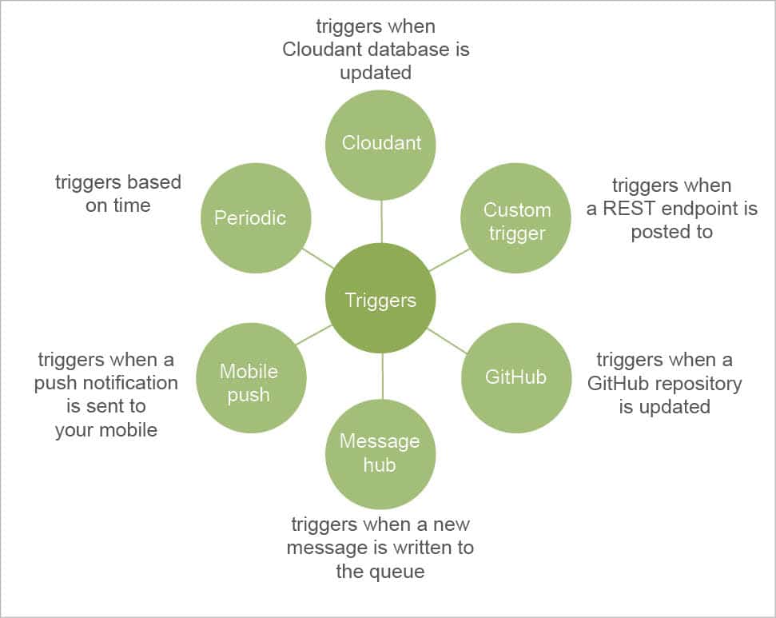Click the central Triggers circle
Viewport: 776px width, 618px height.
coord(380,299)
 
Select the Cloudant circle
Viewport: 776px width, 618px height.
coord(380,144)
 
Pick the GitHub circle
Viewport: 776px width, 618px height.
coord(516,377)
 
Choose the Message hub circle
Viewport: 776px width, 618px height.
coord(380,453)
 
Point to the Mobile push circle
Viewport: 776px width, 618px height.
coord(250,383)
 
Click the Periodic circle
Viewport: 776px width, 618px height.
coord(250,217)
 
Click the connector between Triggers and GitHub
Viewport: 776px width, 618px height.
coord(448,341)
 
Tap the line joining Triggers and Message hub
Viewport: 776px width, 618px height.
coord(382,376)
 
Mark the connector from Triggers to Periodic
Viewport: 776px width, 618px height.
coord(316,257)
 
